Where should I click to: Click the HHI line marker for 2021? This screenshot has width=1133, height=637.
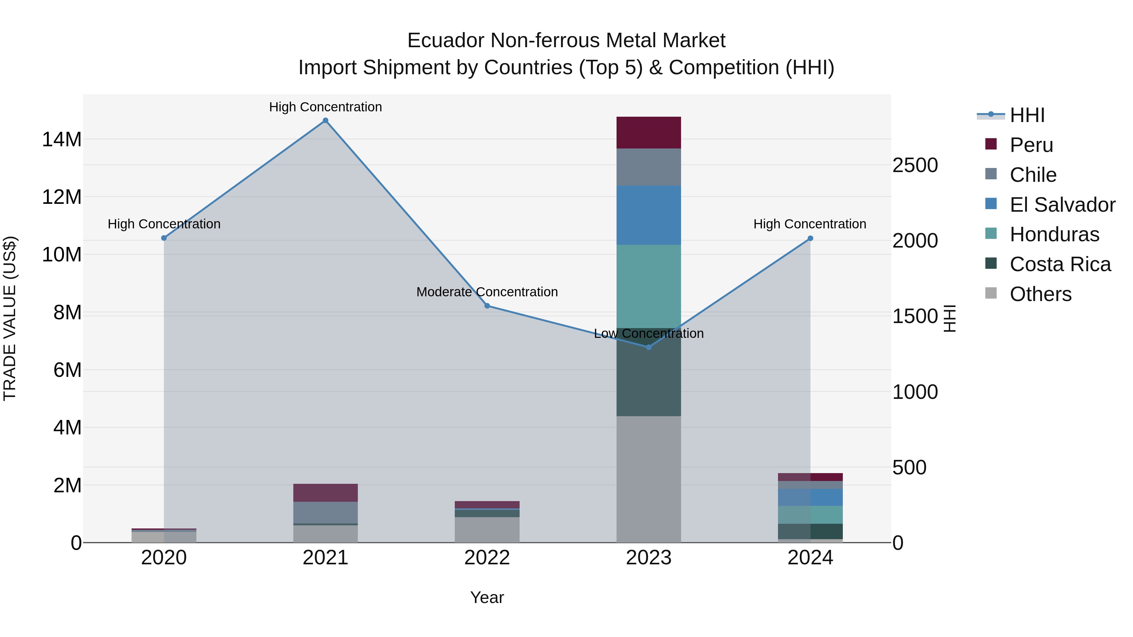(x=325, y=120)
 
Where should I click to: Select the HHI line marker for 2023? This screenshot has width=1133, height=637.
(x=649, y=347)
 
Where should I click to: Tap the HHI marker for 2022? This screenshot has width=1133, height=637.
(x=487, y=306)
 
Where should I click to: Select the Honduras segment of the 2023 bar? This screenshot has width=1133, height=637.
(x=649, y=286)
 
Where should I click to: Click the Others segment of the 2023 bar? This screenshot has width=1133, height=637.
(x=649, y=479)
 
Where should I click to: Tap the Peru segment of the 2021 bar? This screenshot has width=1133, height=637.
(x=325, y=492)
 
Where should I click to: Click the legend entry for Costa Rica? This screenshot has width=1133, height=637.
(x=1060, y=264)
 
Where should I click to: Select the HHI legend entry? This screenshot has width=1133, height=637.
(x=1027, y=115)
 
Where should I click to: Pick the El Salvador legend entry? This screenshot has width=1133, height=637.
(x=1062, y=204)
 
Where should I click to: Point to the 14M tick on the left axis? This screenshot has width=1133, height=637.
(x=62, y=139)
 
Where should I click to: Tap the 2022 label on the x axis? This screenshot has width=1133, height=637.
(x=487, y=558)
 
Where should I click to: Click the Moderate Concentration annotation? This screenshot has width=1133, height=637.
(x=487, y=292)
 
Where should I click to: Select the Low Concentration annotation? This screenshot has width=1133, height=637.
(x=649, y=334)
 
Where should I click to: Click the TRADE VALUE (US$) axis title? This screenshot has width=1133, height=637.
(x=10, y=318)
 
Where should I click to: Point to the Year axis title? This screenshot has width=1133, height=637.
(x=487, y=597)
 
